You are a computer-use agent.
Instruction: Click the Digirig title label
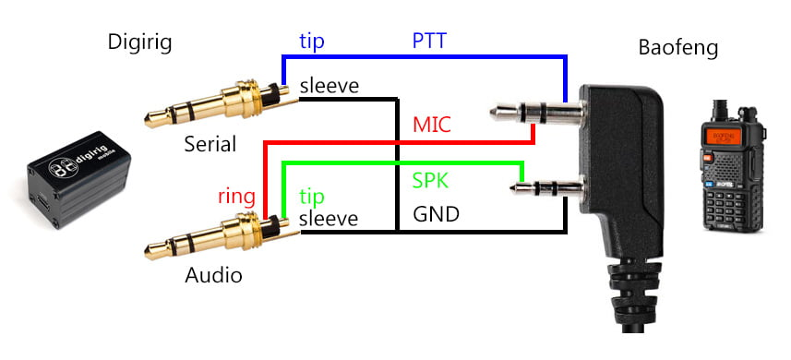(x=139, y=42)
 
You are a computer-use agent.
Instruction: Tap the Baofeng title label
(x=678, y=48)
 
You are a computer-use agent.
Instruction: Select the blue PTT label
(x=429, y=41)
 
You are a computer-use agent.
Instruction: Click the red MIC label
(x=431, y=124)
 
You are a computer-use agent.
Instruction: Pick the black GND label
(x=436, y=214)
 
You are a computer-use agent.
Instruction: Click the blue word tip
(x=311, y=42)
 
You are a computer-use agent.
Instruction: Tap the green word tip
(x=311, y=197)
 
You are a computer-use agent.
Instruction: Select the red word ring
(x=236, y=198)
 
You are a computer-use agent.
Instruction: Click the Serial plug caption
(x=210, y=144)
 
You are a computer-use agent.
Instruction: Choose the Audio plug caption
(x=213, y=275)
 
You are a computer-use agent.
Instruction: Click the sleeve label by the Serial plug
(x=329, y=86)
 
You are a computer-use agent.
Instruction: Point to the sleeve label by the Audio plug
(x=329, y=219)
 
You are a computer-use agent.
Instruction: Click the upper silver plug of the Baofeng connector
(x=537, y=112)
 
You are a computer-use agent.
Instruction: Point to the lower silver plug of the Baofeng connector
(x=547, y=189)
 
